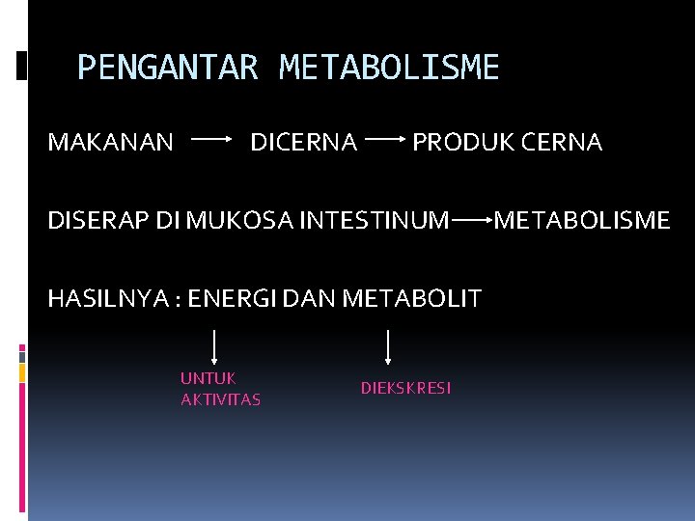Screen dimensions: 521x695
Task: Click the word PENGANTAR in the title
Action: [x=167, y=68]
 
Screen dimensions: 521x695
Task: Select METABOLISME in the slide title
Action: [x=389, y=68]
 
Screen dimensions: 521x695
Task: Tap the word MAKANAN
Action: [x=111, y=143]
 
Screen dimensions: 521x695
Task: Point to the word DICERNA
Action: [x=303, y=143]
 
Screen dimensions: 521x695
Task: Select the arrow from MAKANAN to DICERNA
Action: [x=212, y=140]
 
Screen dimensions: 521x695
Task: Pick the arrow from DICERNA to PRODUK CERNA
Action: [x=385, y=140]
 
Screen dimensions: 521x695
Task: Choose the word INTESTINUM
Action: [x=375, y=221]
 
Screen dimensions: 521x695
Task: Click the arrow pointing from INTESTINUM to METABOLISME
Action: [x=472, y=220]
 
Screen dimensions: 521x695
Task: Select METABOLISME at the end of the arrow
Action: [x=582, y=221]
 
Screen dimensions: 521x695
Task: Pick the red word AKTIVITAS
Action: [x=220, y=399]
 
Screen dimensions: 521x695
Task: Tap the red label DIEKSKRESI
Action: [x=405, y=388]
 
